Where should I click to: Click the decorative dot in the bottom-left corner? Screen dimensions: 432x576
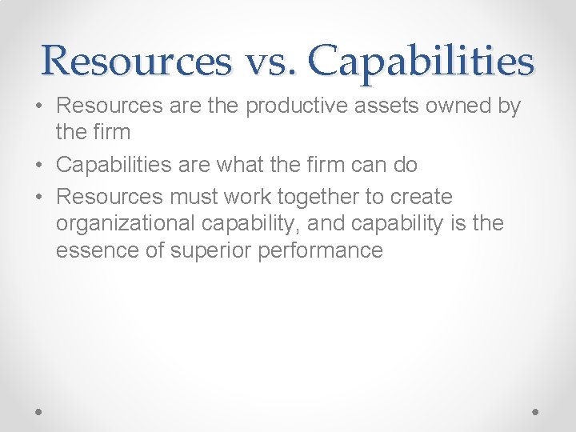pyautogui.click(x=39, y=410)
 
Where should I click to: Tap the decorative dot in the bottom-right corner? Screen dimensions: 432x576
pyautogui.click(x=536, y=410)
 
